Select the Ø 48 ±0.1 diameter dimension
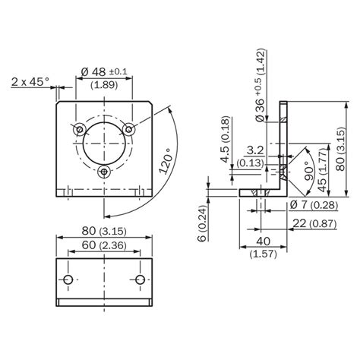(x=103, y=73)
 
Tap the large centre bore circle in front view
(x=104, y=142)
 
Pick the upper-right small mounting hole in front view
(x=130, y=130)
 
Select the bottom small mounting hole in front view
(x=104, y=173)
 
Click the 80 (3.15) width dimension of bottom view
(x=103, y=232)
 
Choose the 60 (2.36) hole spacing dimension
(x=103, y=245)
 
